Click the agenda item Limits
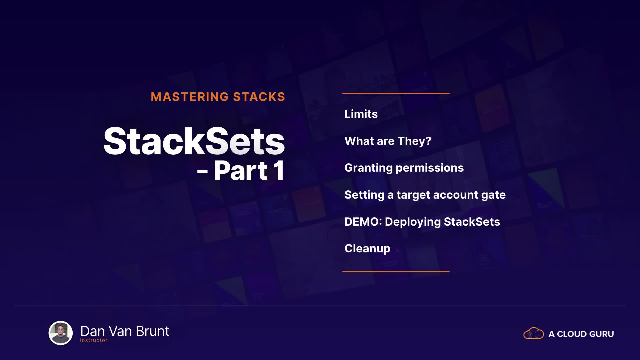[361, 114]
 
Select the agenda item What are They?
[388, 141]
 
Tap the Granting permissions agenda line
[404, 168]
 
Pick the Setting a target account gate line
[425, 195]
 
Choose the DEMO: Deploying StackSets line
[422, 222]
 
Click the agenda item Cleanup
[367, 249]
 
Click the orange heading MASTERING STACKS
[218, 97]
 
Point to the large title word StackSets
[194, 141]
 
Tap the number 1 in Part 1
[279, 171]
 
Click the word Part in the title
[241, 171]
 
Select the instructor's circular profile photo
[61, 333]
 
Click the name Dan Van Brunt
[125, 331]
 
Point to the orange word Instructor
[94, 340]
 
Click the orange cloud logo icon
[534, 333]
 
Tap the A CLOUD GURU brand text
[581, 334]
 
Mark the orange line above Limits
[396, 93]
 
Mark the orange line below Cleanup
[396, 272]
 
